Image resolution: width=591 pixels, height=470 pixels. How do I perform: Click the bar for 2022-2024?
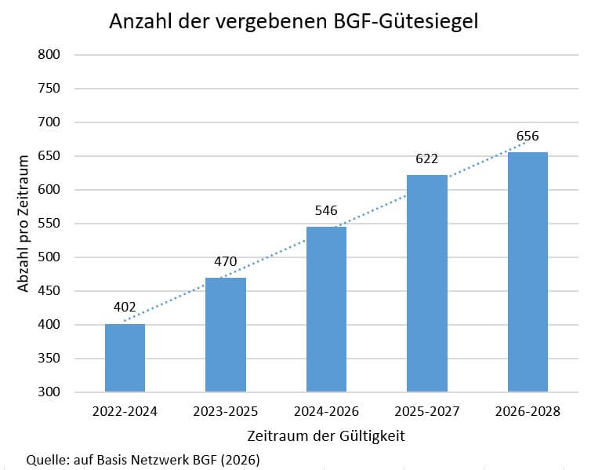(x=125, y=358)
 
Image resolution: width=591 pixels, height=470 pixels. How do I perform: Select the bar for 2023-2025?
(x=226, y=335)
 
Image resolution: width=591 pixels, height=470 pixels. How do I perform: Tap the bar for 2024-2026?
(x=326, y=309)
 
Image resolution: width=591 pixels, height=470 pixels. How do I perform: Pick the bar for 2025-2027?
(x=427, y=283)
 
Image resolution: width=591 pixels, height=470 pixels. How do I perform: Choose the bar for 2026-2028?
(x=528, y=272)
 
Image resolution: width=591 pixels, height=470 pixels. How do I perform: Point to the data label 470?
(x=226, y=263)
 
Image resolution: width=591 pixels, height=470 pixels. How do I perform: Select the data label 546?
(x=326, y=211)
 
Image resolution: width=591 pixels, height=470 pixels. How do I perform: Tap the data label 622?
(x=427, y=160)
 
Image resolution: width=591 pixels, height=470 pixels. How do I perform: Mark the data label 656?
(x=528, y=137)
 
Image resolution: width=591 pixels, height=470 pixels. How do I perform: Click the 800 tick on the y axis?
(x=49, y=55)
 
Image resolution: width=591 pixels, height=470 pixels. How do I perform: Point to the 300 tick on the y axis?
(x=49, y=392)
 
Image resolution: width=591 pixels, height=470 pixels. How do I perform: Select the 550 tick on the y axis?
(x=49, y=224)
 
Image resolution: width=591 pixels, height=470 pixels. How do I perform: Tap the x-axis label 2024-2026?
(x=326, y=411)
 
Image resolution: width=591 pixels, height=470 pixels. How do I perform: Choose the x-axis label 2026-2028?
(x=528, y=411)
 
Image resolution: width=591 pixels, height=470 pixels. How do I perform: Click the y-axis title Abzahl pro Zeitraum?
(x=24, y=224)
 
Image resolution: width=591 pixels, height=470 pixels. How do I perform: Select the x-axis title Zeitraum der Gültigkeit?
(x=326, y=435)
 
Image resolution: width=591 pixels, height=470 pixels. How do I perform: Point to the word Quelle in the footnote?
(x=45, y=459)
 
